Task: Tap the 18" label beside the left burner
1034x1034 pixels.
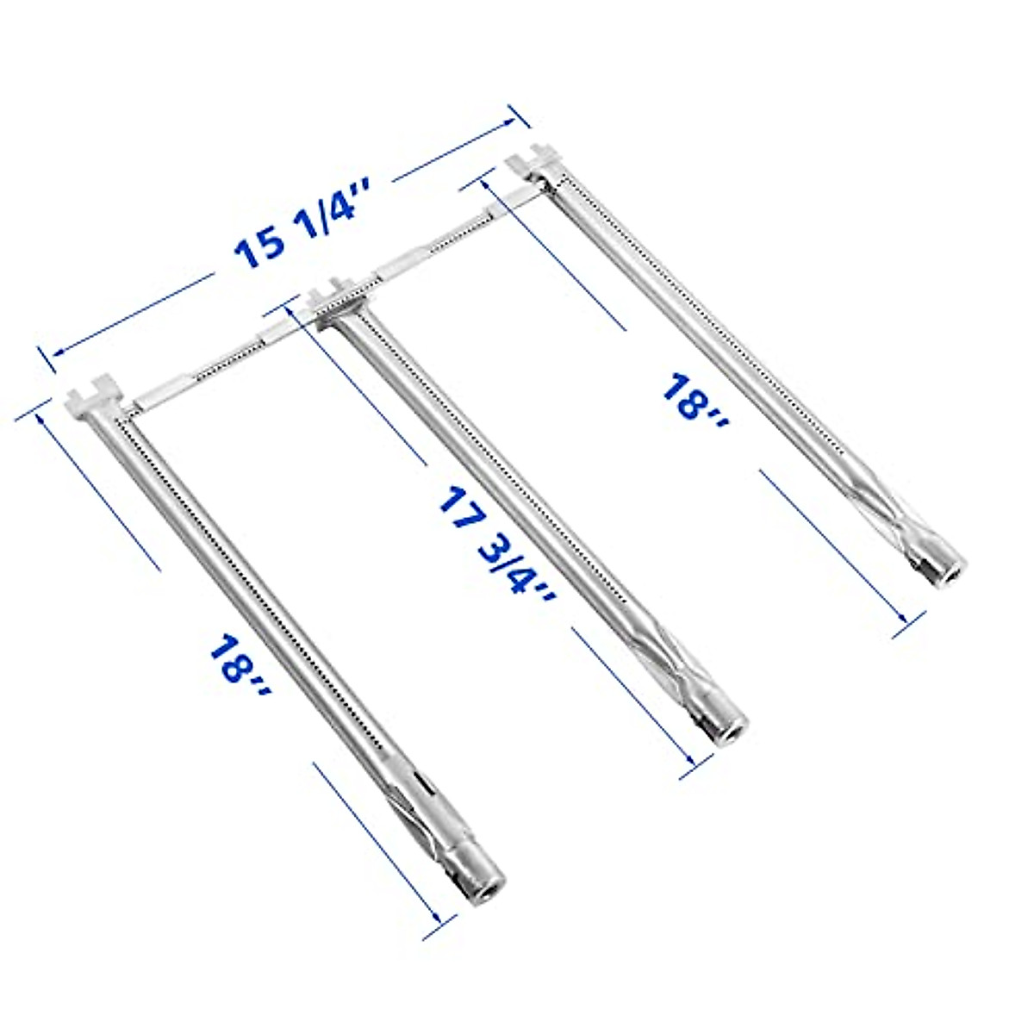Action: [238, 670]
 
